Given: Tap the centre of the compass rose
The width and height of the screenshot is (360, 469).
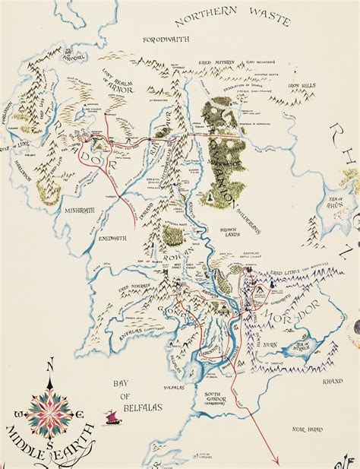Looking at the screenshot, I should (50, 413).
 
